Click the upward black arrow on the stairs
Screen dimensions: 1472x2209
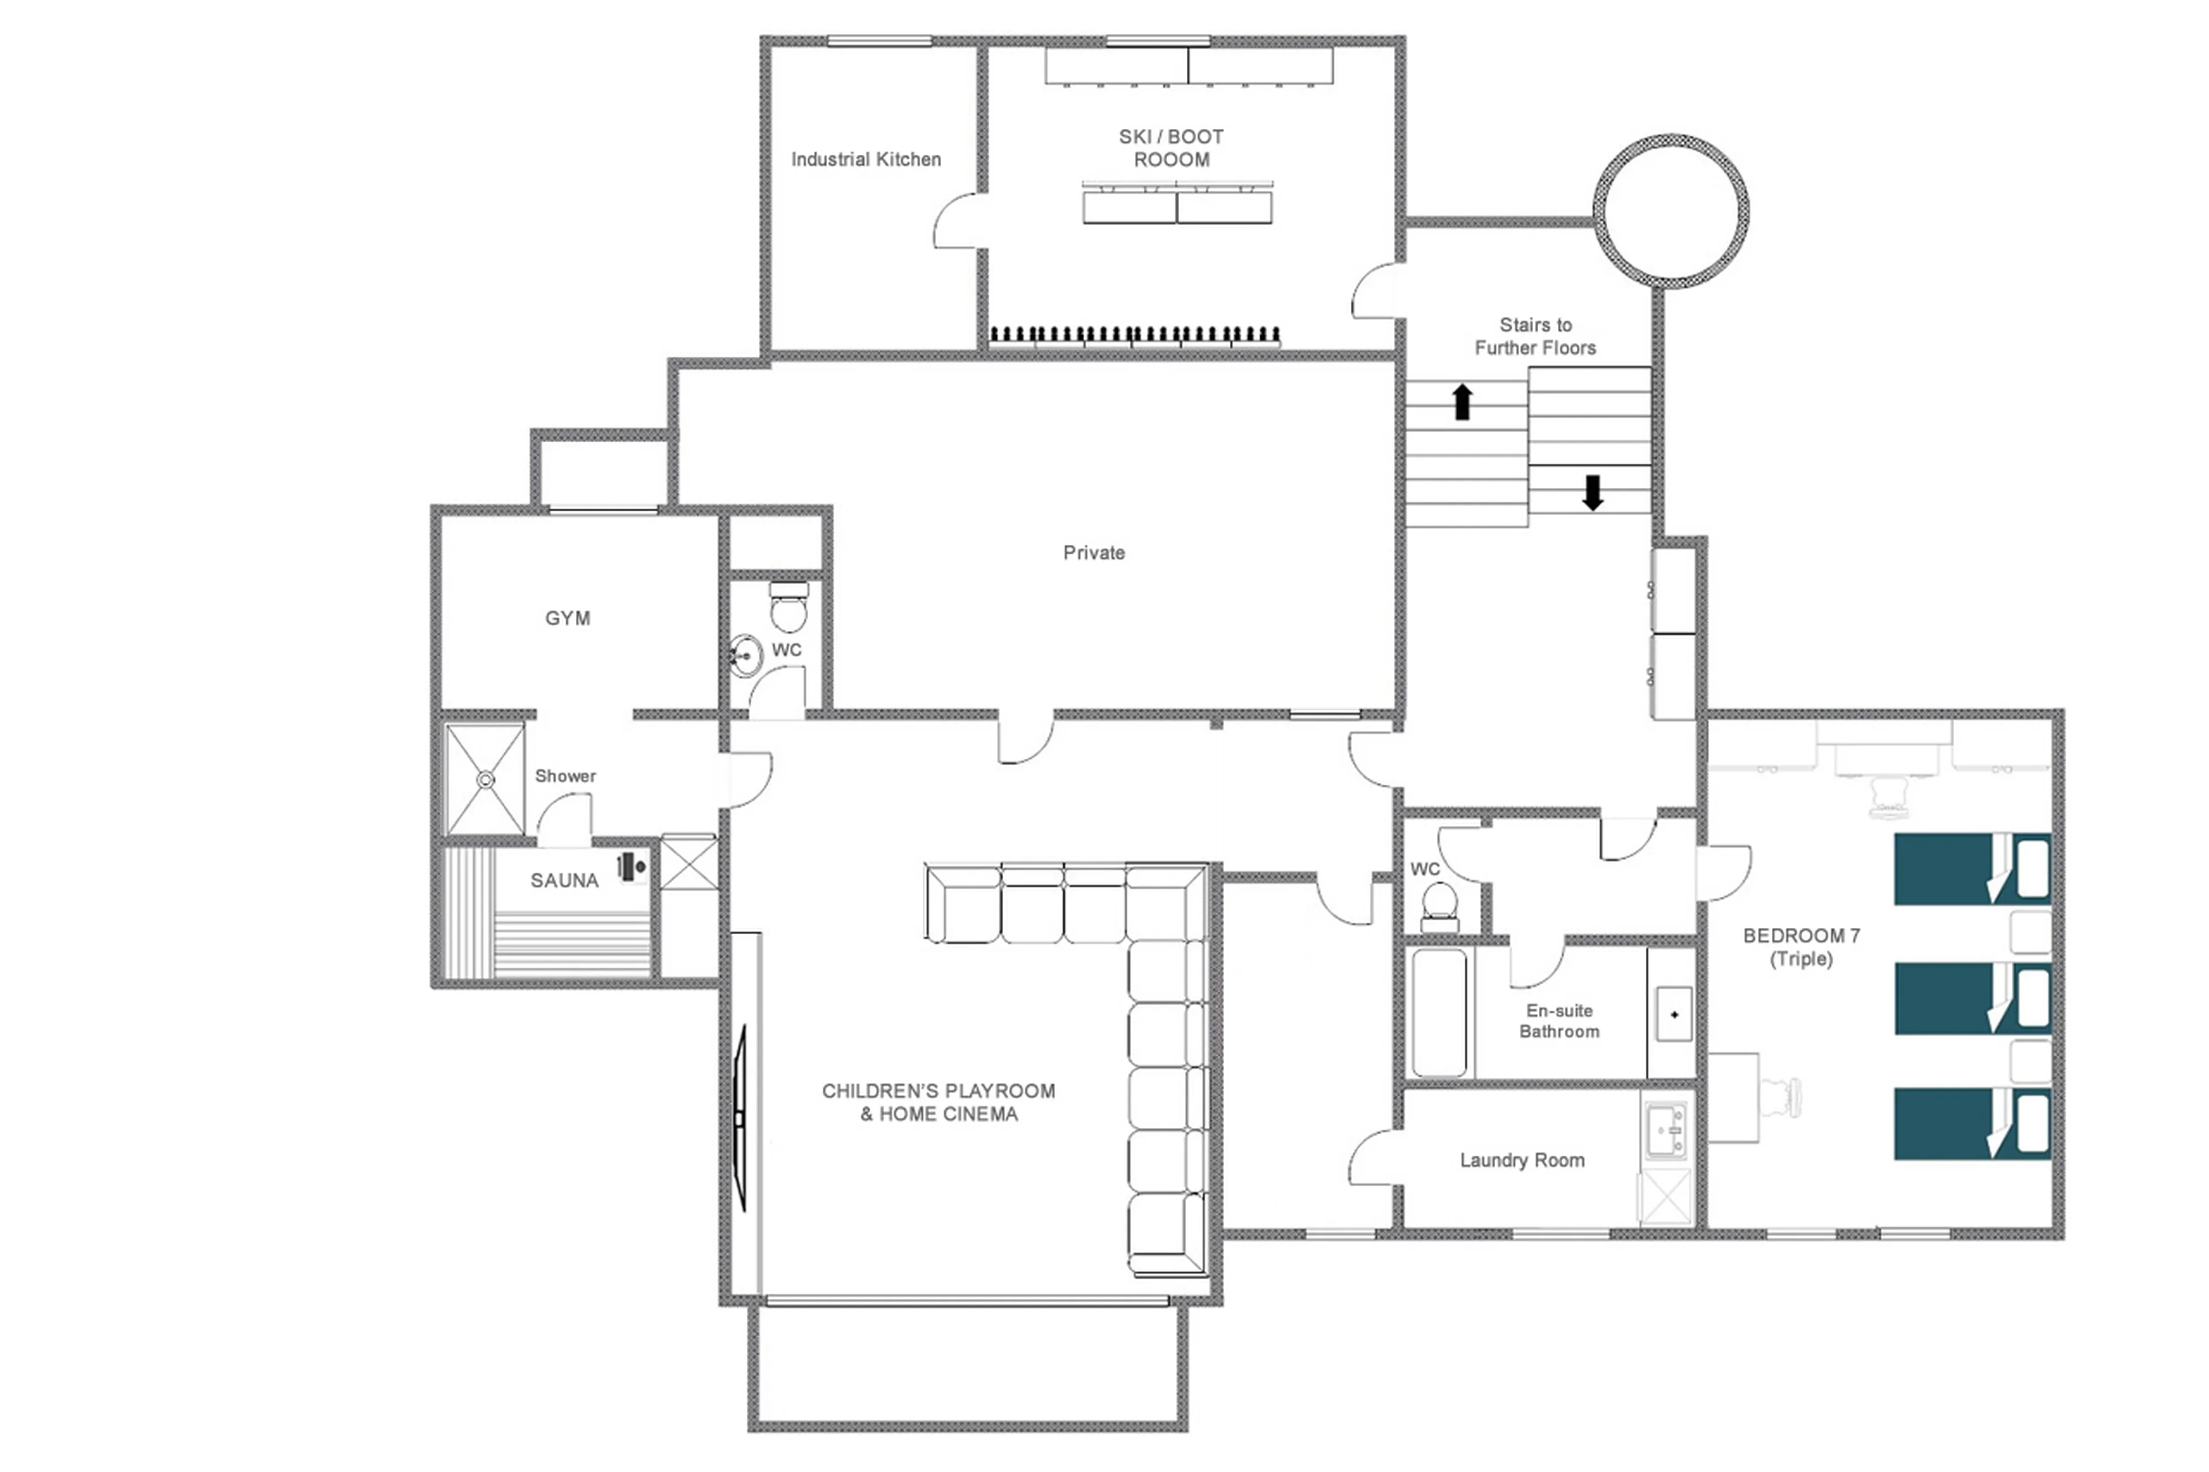(1462, 402)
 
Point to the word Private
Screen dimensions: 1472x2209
(1093, 553)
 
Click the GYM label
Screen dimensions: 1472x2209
(567, 618)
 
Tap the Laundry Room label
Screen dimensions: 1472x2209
(1521, 1160)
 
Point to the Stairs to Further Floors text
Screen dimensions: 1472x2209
(1534, 336)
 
